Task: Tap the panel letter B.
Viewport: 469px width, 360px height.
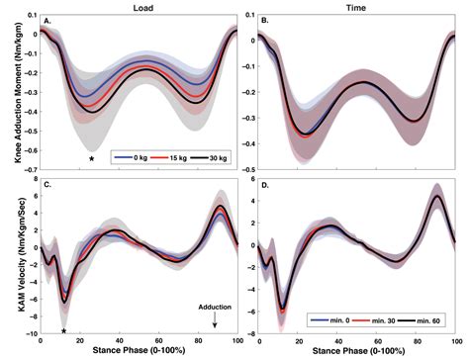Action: [263, 20]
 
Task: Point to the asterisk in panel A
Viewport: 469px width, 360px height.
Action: [91, 159]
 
